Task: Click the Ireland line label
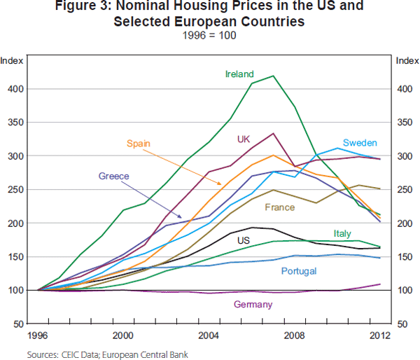pos(239,74)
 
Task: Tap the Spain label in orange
pos(139,144)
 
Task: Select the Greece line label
pos(114,176)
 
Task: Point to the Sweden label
pos(360,143)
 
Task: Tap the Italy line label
pos(342,233)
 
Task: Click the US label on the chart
pos(244,241)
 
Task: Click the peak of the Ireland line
pos(273,76)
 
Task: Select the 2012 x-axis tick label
pos(379,335)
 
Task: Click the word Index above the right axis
pos(407,61)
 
